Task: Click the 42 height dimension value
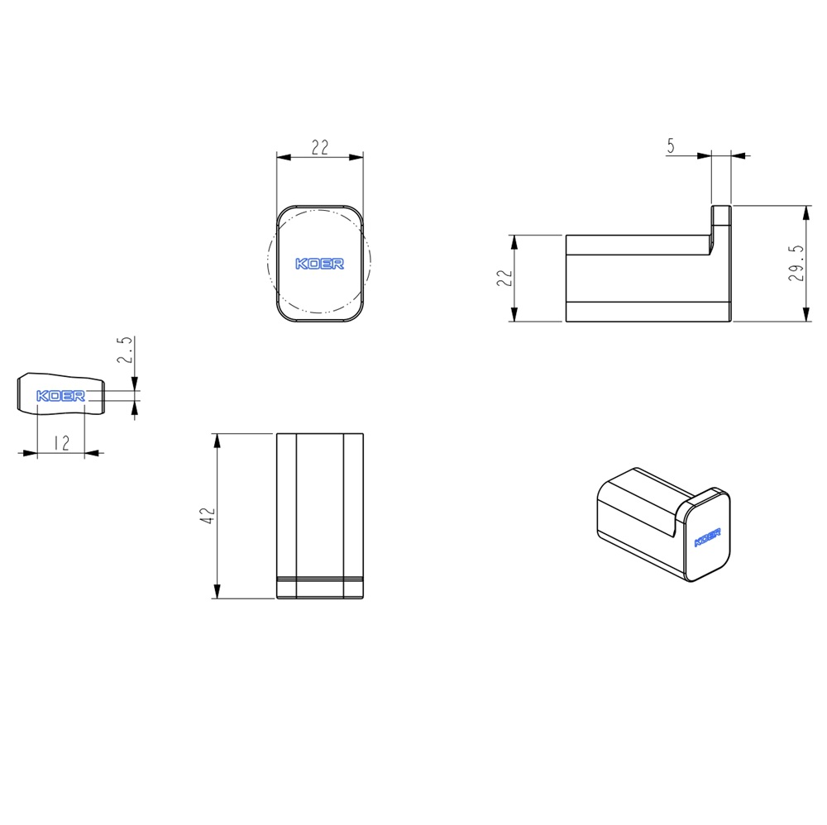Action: coord(208,516)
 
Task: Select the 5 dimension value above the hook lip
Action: coord(671,145)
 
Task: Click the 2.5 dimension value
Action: coord(125,350)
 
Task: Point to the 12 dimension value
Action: coord(62,443)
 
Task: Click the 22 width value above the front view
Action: coord(319,147)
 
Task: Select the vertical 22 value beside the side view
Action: coord(504,278)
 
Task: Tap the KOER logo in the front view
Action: coord(319,264)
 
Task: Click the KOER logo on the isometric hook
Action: coord(707,537)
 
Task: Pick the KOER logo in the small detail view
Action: coord(60,396)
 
